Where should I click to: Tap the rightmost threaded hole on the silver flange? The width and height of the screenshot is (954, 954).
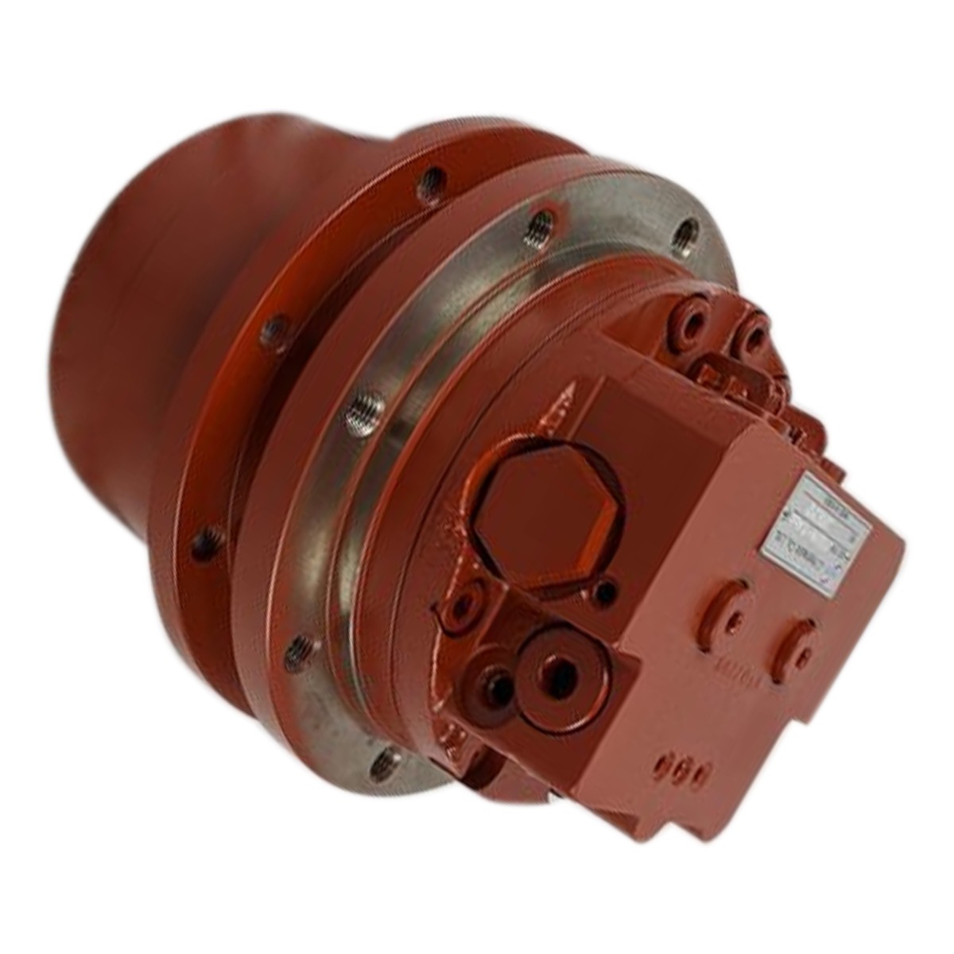point(684,230)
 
